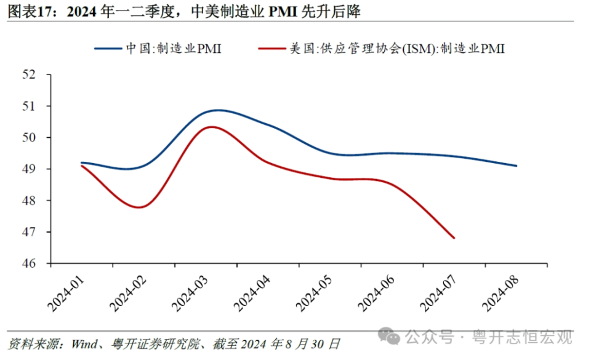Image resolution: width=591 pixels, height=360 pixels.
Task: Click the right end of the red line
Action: pos(454,238)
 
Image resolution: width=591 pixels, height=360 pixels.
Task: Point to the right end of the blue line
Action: pos(516,166)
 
